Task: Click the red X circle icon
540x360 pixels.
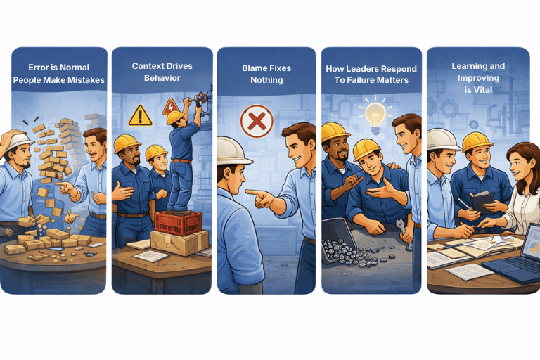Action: click(257, 121)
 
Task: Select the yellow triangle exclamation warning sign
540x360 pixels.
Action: click(140, 115)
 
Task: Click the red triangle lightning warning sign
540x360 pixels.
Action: click(170, 106)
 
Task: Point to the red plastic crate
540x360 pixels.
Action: click(178, 223)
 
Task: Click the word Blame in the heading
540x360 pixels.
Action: click(254, 68)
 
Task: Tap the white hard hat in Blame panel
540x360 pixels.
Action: click(233, 151)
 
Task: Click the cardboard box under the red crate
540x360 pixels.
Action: click(179, 243)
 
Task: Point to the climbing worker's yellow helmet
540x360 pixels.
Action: click(175, 117)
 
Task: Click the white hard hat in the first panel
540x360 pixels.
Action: click(19, 140)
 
